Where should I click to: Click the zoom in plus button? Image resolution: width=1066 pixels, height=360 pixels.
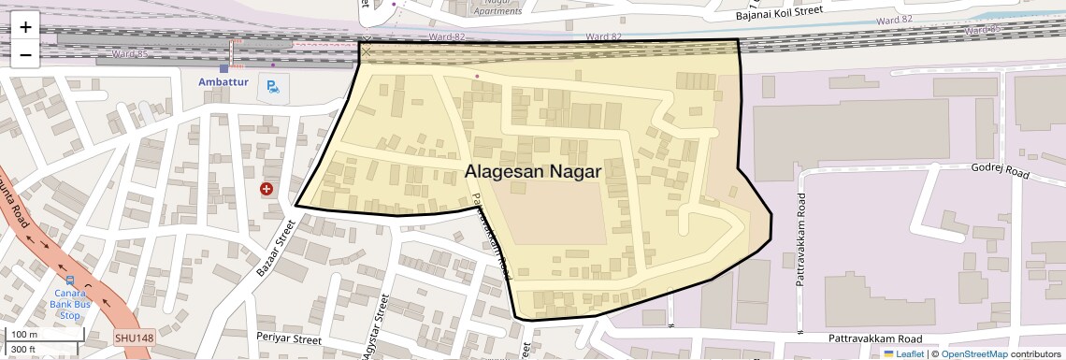tap(25, 26)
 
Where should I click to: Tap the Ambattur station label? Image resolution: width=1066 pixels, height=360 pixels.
tap(223, 82)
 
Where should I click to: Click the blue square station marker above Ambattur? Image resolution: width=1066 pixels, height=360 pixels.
tap(223, 68)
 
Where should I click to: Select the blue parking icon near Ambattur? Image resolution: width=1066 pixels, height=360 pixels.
tap(272, 88)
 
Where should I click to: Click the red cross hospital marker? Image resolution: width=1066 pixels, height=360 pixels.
tap(267, 189)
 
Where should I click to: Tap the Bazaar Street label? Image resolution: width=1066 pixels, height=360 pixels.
tap(275, 248)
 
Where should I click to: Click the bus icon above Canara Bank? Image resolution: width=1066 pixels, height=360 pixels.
tap(70, 280)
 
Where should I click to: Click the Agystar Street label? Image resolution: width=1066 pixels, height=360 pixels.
tap(374, 327)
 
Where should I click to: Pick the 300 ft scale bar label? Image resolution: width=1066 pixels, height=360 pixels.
tap(23, 349)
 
